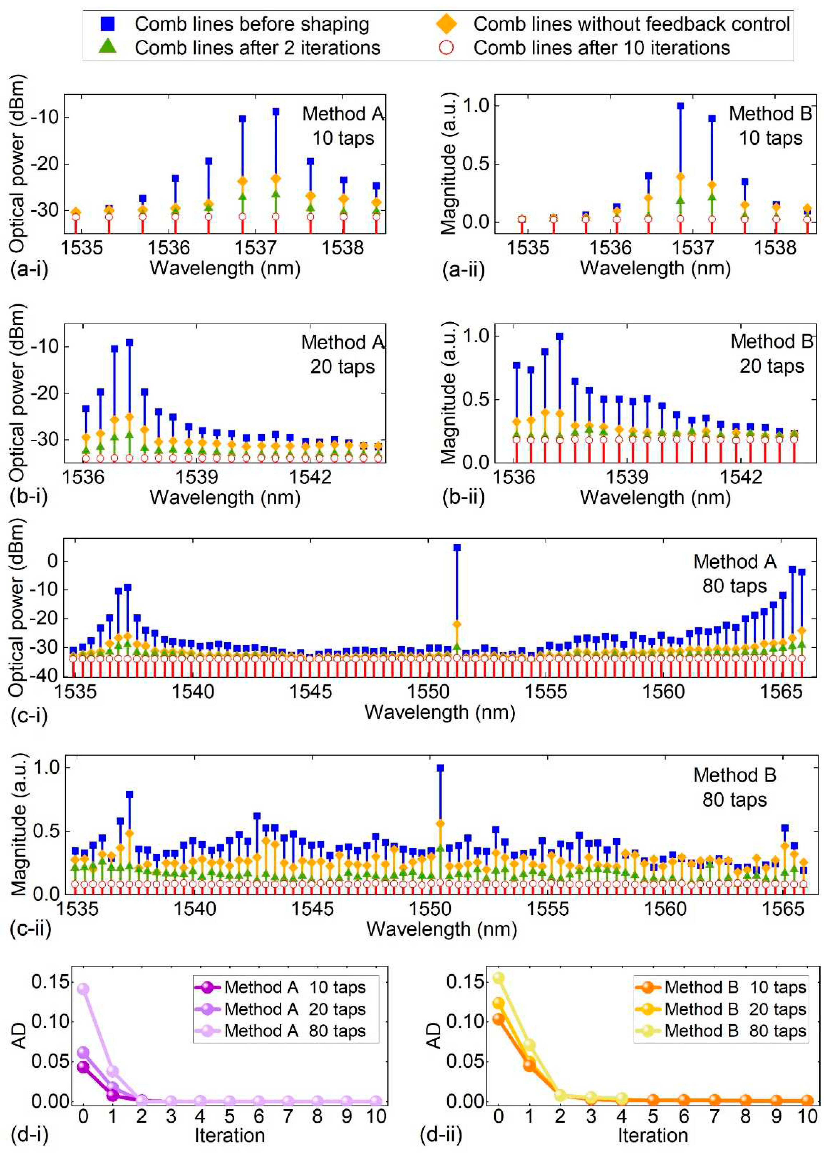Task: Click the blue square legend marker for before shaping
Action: [108, 24]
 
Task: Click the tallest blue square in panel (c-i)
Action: [457, 547]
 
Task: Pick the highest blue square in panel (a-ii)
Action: [680, 106]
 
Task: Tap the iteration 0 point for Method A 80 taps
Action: [83, 989]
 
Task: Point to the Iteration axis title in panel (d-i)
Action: [229, 1135]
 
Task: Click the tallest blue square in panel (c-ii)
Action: [440, 768]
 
